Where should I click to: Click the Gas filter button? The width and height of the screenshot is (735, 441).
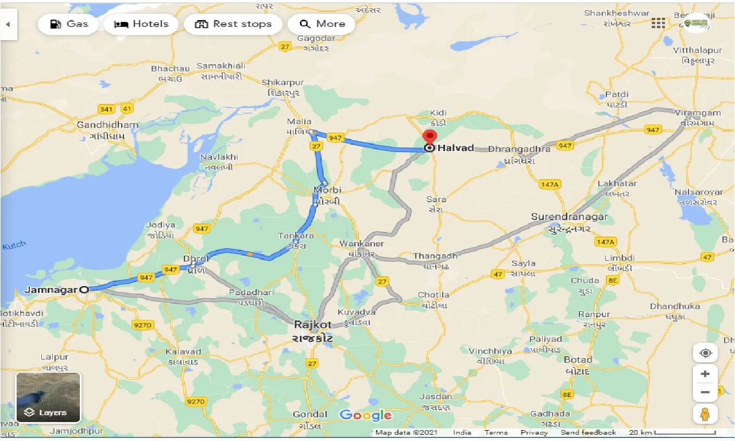tap(69, 24)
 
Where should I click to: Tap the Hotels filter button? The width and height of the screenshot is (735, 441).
tap(141, 24)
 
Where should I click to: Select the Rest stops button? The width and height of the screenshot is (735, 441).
tap(233, 24)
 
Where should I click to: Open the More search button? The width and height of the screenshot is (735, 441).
tap(322, 24)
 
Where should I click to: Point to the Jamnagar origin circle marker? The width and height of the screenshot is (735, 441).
tap(84, 290)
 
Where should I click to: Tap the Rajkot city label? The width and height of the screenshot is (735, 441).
tap(313, 324)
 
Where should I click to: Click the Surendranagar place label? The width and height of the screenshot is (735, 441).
tap(568, 217)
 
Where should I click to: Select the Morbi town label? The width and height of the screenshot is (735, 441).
tap(327, 190)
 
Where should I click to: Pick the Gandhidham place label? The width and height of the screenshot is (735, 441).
tap(107, 125)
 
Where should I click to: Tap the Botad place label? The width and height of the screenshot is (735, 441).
tap(578, 360)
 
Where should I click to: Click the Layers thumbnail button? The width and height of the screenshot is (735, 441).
tap(48, 397)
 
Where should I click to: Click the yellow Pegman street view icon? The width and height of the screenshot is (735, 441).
tap(705, 413)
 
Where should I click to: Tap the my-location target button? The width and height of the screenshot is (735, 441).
tap(705, 353)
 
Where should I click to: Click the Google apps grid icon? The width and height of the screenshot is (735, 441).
tap(658, 23)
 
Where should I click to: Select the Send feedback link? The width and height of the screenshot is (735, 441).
tap(588, 432)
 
